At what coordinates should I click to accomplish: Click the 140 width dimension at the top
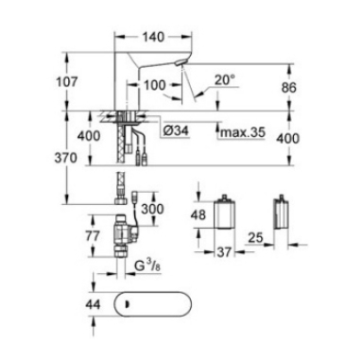[153, 37]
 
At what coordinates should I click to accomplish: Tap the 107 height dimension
[66, 82]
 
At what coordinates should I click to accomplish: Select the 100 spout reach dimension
[154, 85]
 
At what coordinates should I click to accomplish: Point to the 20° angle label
[225, 80]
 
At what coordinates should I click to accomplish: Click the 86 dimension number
[288, 87]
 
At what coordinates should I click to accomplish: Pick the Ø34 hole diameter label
[177, 130]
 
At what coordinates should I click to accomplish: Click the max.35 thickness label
[243, 132]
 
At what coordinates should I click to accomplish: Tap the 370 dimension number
[65, 158]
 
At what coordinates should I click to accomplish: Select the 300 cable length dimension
[152, 209]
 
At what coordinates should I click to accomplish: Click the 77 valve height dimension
[93, 235]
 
